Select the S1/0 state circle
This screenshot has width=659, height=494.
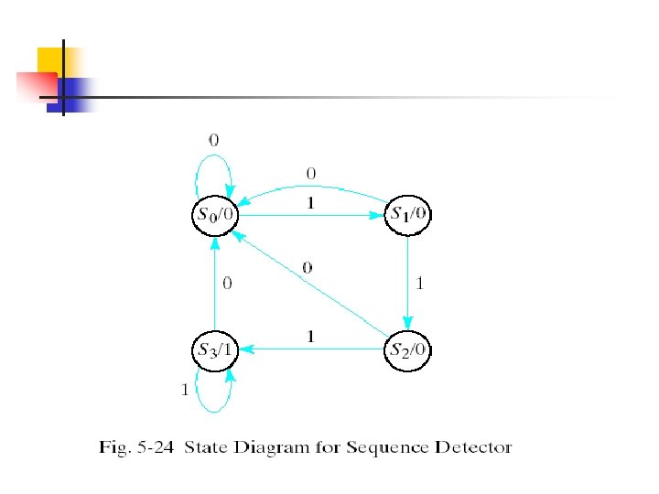pos(409,216)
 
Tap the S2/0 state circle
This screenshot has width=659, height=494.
pos(409,349)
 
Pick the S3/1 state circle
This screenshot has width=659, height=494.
pos(214,349)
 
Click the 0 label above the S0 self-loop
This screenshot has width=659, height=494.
pos(213,140)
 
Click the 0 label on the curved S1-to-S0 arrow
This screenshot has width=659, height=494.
pos(311,172)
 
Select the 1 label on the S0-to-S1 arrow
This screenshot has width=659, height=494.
pos(311,205)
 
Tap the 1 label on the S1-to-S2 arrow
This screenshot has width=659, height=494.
pos(420,284)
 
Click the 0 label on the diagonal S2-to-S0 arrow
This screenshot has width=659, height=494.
pos(308,268)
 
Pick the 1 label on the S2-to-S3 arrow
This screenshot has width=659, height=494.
pos(311,337)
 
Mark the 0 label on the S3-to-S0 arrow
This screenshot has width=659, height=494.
pos(228,284)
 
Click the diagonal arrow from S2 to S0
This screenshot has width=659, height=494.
pos(311,283)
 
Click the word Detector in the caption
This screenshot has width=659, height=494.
pos(473,448)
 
